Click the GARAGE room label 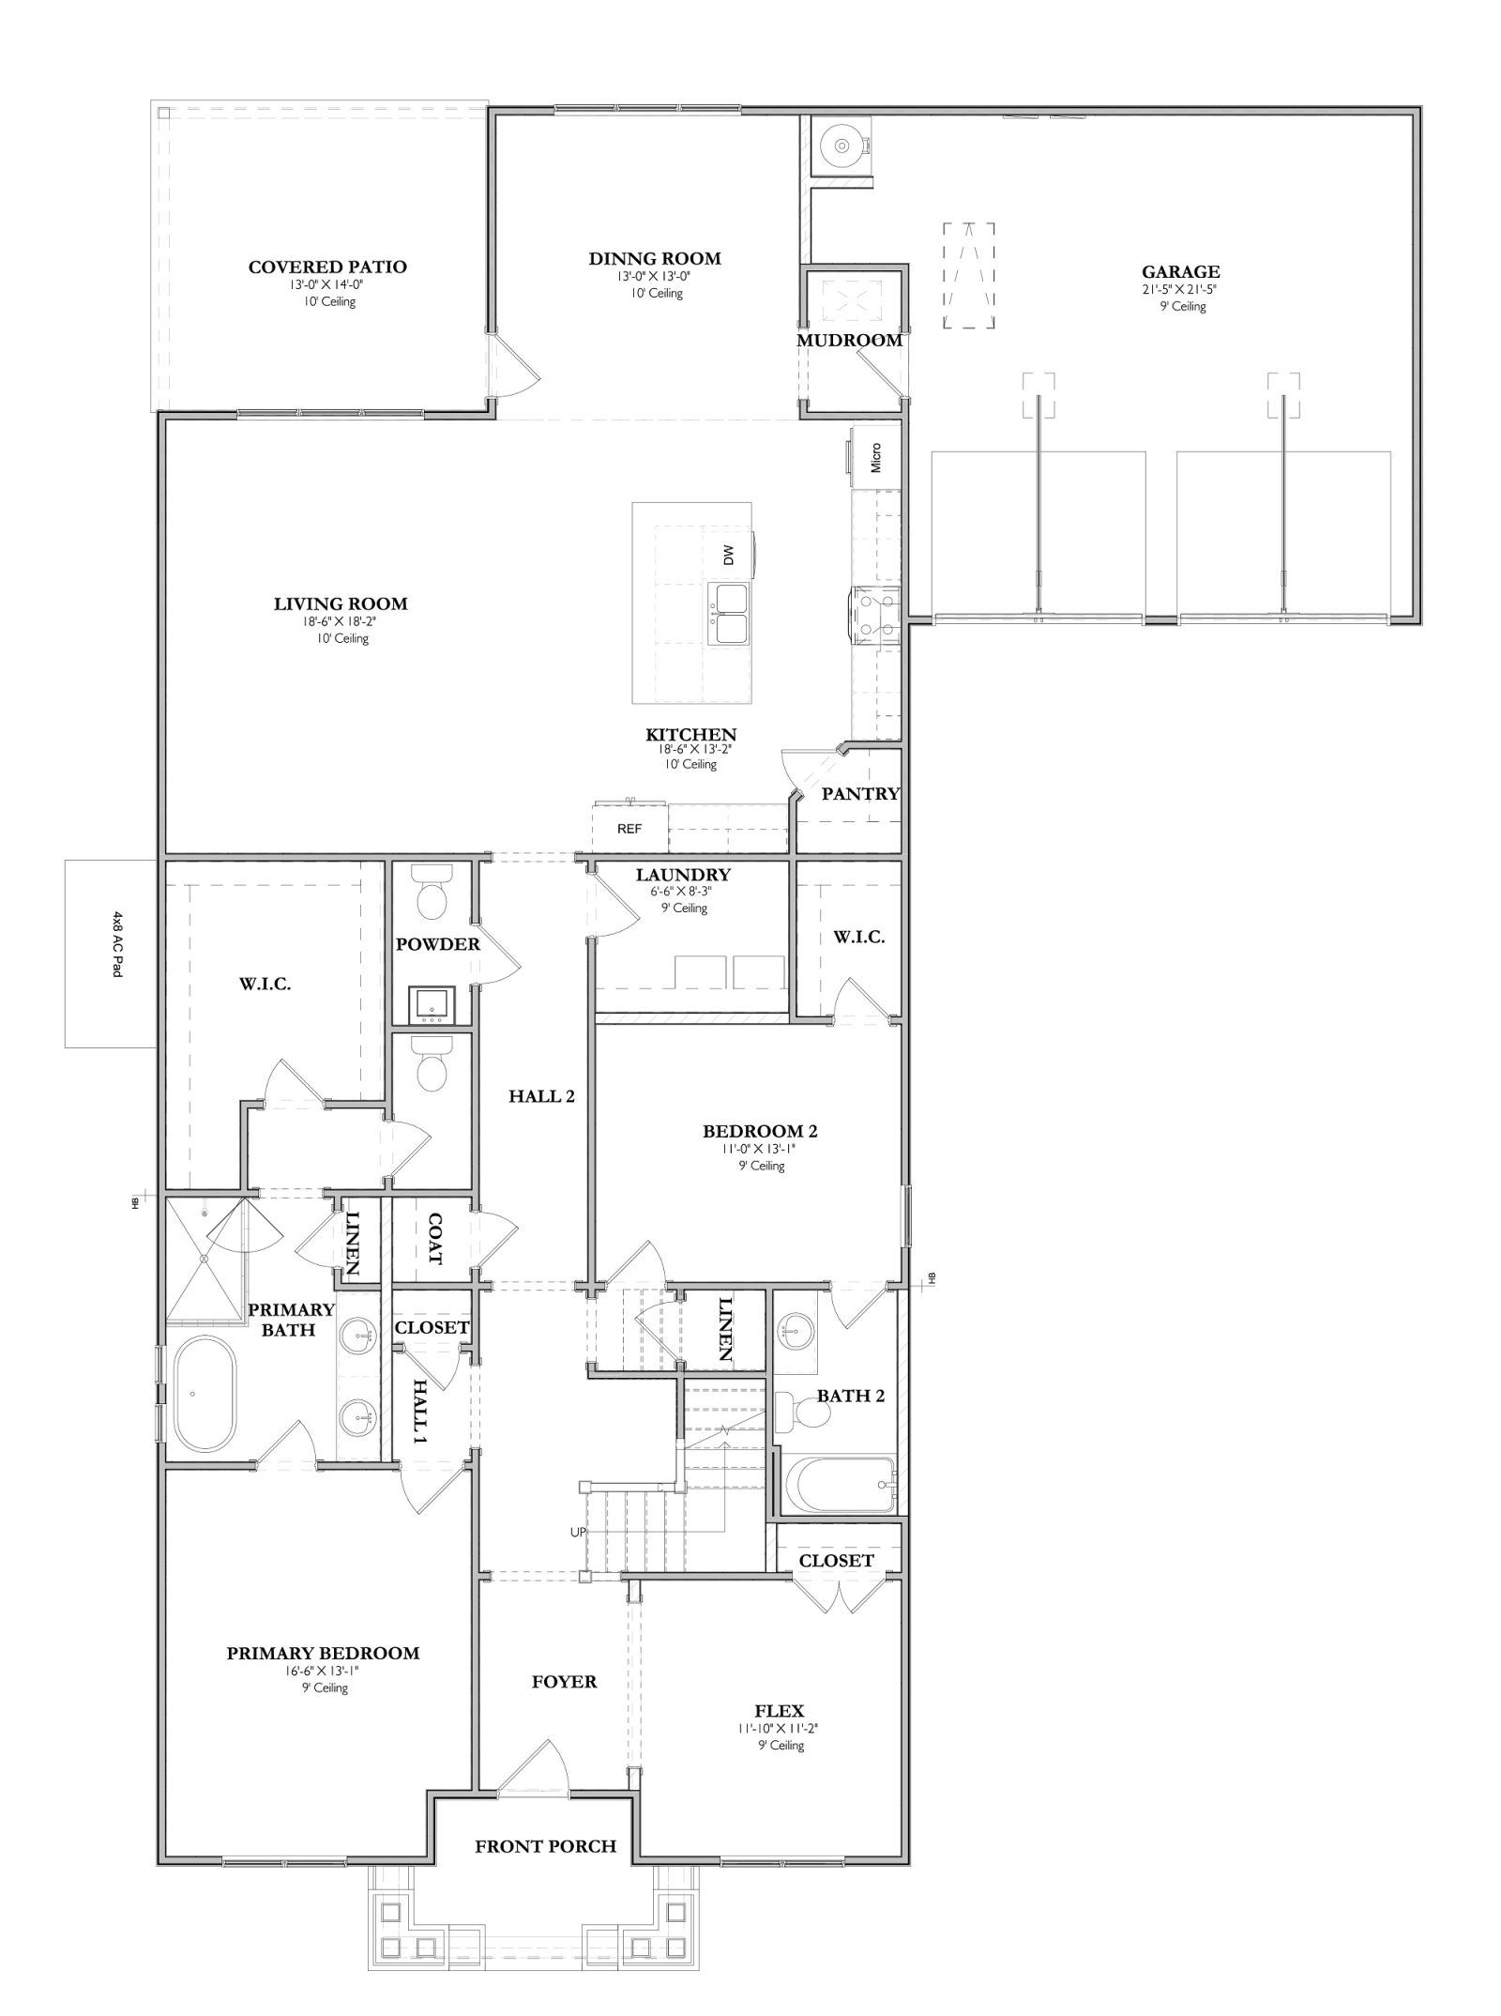1180,272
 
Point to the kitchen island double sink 729,614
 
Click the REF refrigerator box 629,829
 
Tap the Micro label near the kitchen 876,457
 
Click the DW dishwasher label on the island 729,556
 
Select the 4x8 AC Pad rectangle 110,953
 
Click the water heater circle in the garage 841,145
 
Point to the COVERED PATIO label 327,267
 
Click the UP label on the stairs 578,1532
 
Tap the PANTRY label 860,794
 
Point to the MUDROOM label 849,341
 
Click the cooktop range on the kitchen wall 875,615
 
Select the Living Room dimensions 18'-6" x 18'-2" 341,621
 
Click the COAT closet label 434,1239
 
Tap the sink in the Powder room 432,1005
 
